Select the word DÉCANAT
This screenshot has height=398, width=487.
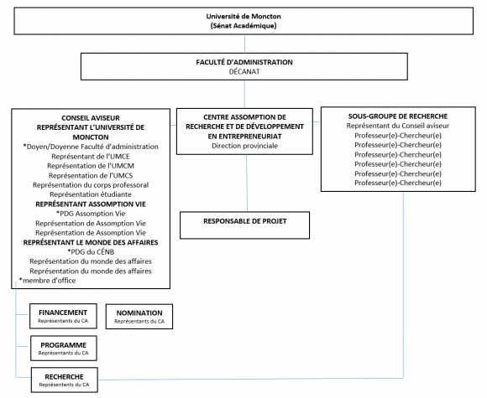(x=244, y=71)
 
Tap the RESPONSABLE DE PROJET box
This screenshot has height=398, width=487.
(x=244, y=225)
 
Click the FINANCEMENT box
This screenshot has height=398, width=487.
(x=63, y=316)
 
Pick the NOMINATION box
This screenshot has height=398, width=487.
(x=139, y=317)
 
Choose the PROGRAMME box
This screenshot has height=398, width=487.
(x=64, y=348)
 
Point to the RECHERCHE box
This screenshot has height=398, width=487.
(x=65, y=380)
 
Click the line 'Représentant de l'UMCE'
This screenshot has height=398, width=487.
(x=91, y=157)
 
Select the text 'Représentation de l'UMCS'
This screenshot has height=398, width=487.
(x=91, y=176)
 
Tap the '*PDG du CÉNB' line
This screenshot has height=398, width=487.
(x=91, y=252)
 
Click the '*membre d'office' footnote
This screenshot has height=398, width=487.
(x=48, y=281)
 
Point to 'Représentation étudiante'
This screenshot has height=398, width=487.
(x=91, y=194)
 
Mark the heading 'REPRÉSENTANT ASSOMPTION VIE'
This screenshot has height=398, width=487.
(x=91, y=204)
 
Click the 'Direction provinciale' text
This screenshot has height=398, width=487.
(x=244, y=146)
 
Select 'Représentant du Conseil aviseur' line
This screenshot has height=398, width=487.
(x=398, y=126)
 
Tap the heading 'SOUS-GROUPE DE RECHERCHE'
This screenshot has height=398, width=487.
(x=398, y=116)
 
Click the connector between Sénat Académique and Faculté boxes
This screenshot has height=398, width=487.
(x=244, y=44)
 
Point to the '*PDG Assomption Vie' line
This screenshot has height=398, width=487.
(x=91, y=214)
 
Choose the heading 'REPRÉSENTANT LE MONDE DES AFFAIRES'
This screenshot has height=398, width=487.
(x=91, y=242)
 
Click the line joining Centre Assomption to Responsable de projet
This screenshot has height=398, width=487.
(x=247, y=183)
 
